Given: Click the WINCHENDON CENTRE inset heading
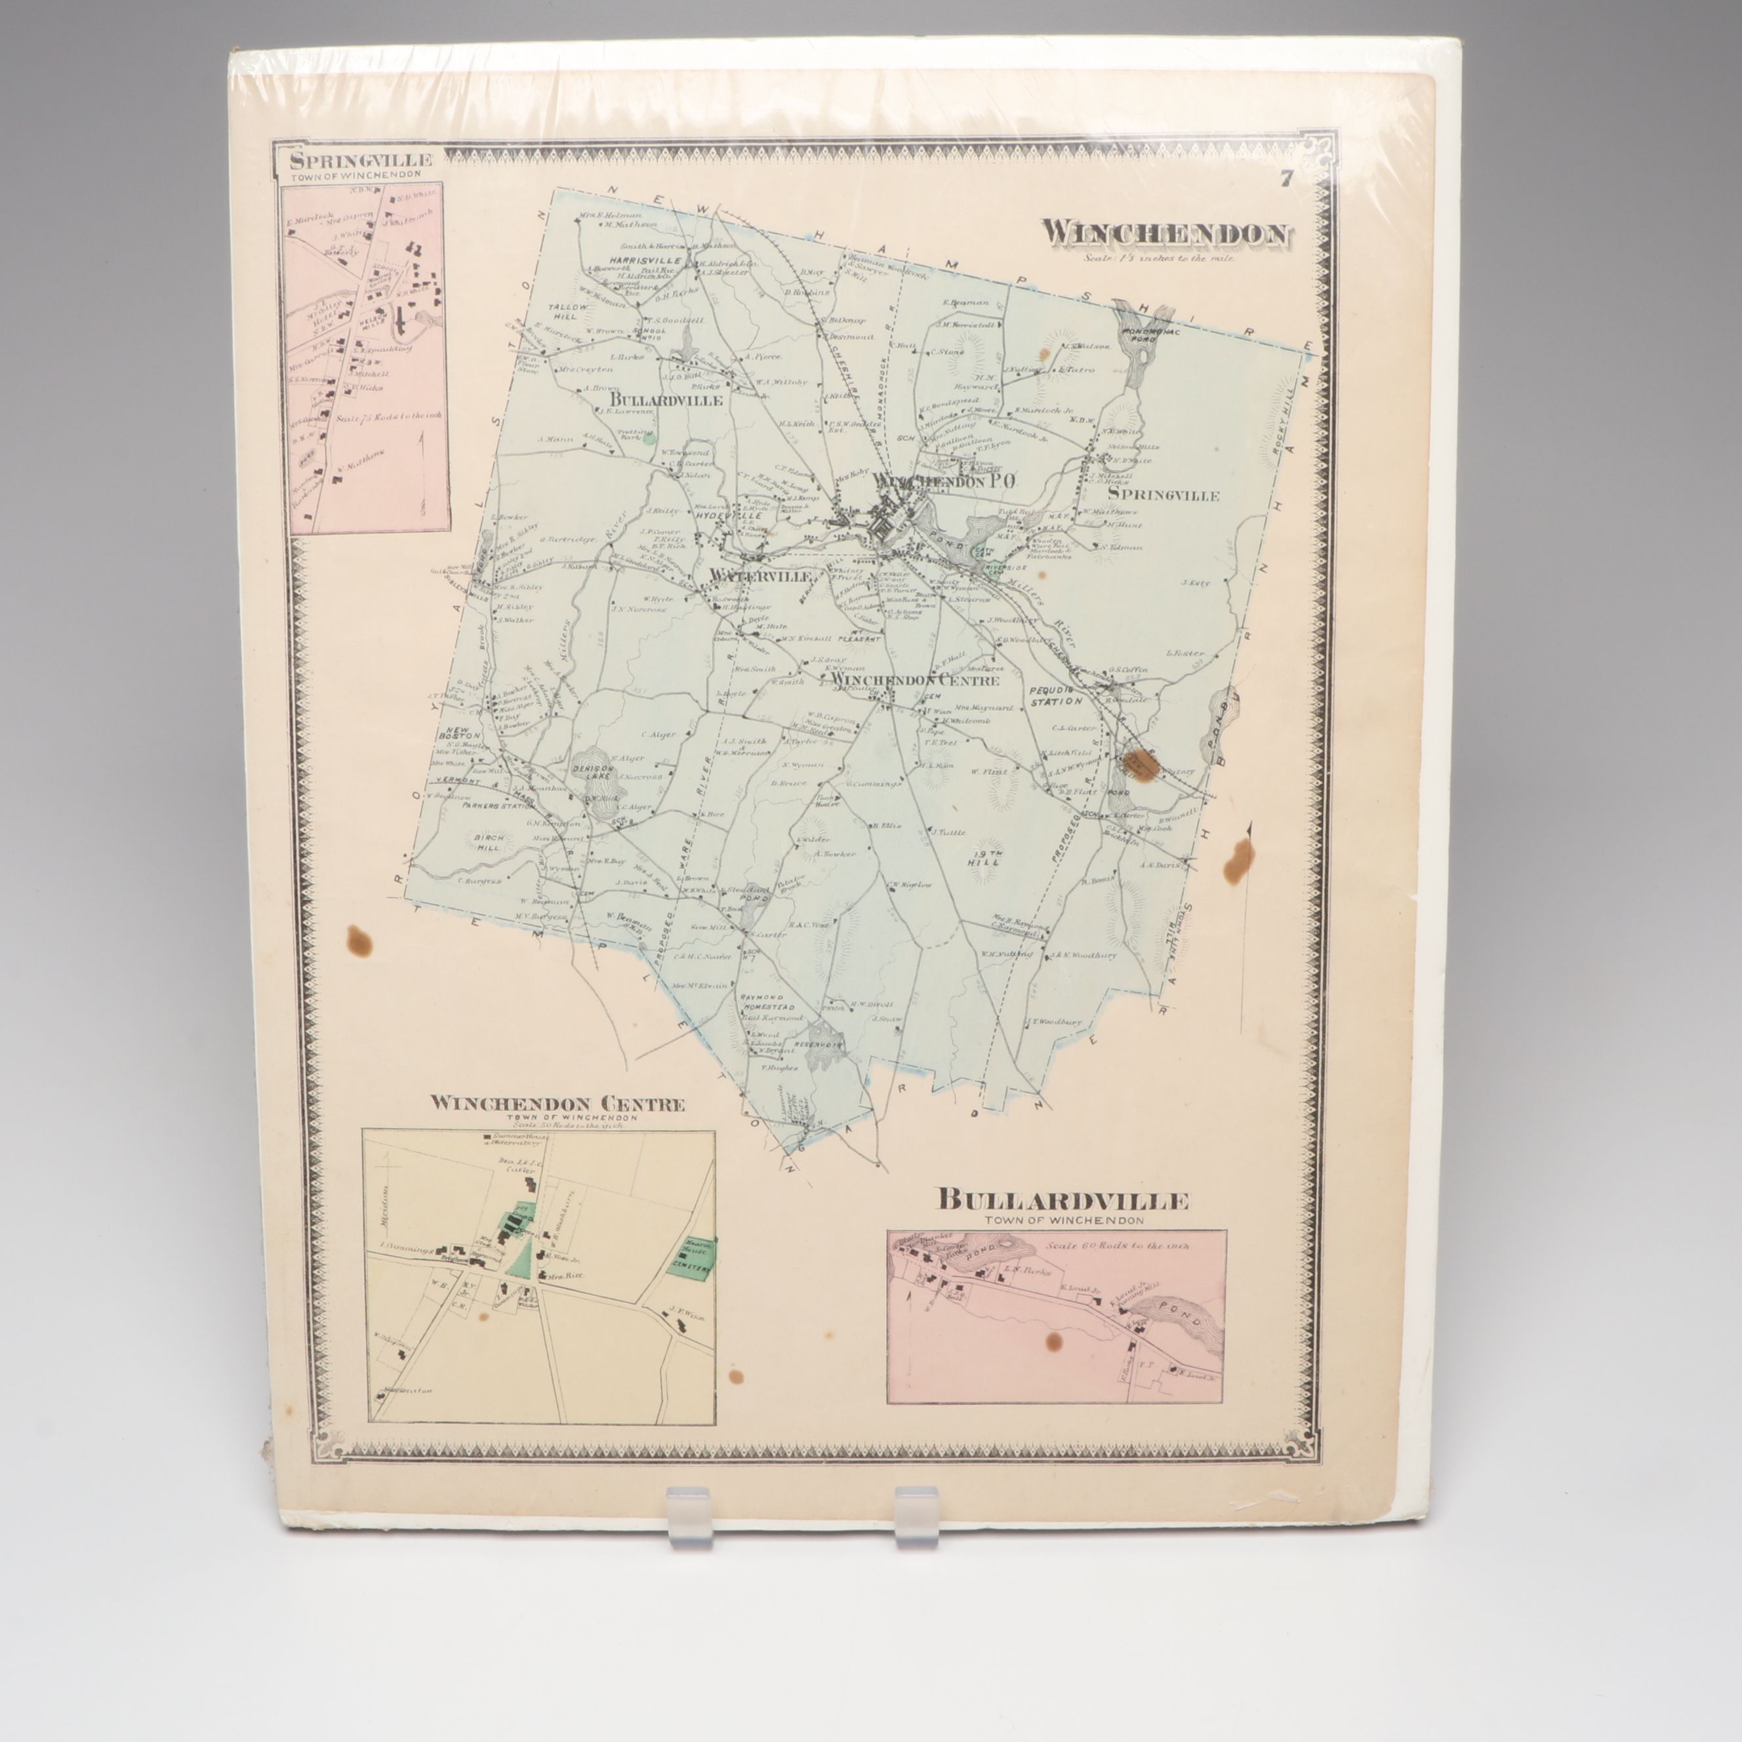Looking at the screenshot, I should pos(557,1104).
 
